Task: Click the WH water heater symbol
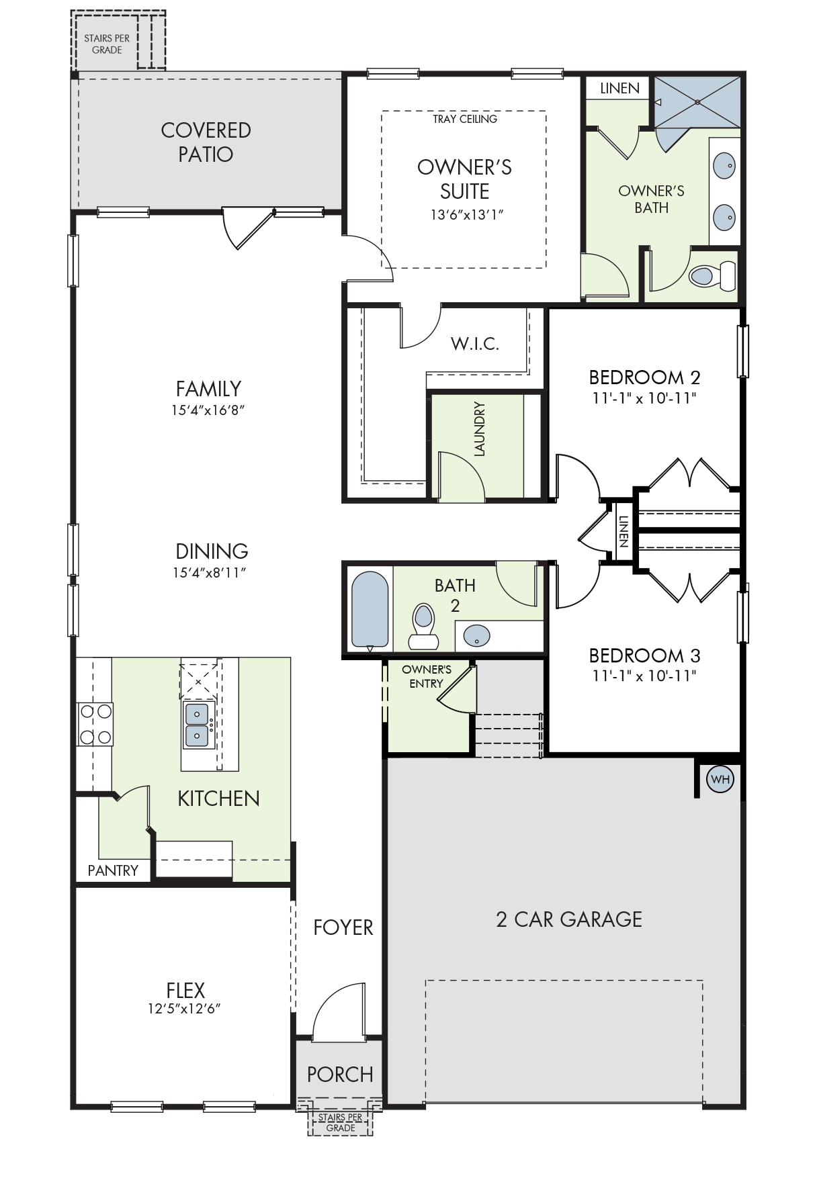[720, 779]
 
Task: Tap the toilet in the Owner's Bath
[712, 275]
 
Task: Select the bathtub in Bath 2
[370, 610]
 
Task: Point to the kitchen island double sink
[198, 725]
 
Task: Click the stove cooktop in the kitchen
[95, 724]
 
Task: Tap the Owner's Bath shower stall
[697, 102]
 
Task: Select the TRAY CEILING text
[465, 119]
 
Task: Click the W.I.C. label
[475, 344]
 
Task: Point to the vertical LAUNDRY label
[479, 429]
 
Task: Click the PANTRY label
[113, 870]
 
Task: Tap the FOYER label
[343, 927]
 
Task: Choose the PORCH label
[340, 1075]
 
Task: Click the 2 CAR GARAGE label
[569, 919]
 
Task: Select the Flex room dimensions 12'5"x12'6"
[185, 1009]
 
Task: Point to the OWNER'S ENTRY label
[427, 676]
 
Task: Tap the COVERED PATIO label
[206, 142]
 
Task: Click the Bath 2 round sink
[476, 635]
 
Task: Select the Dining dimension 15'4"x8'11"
[210, 573]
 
